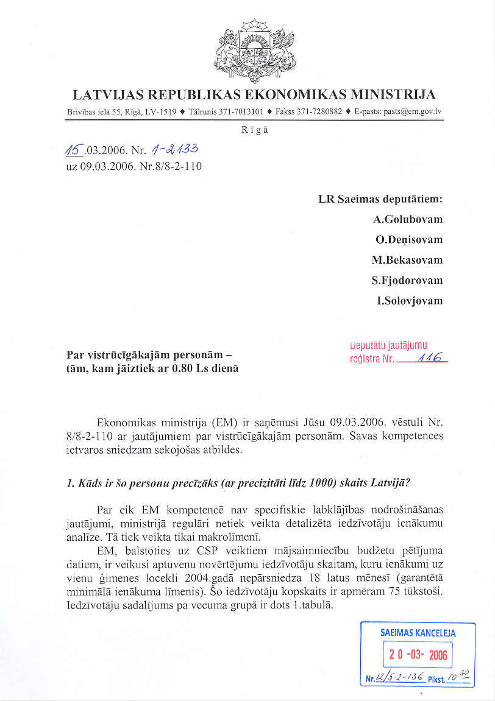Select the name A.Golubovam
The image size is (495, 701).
pos(408,219)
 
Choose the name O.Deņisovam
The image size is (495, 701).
pos(409,240)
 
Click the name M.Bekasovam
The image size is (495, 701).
pos(407,260)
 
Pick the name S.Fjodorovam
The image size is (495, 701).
pos(408,280)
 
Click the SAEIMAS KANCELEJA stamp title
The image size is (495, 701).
pos(418,633)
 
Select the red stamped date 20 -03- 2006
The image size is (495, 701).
pos(418,655)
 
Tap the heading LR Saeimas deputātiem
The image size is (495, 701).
pos(380,199)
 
